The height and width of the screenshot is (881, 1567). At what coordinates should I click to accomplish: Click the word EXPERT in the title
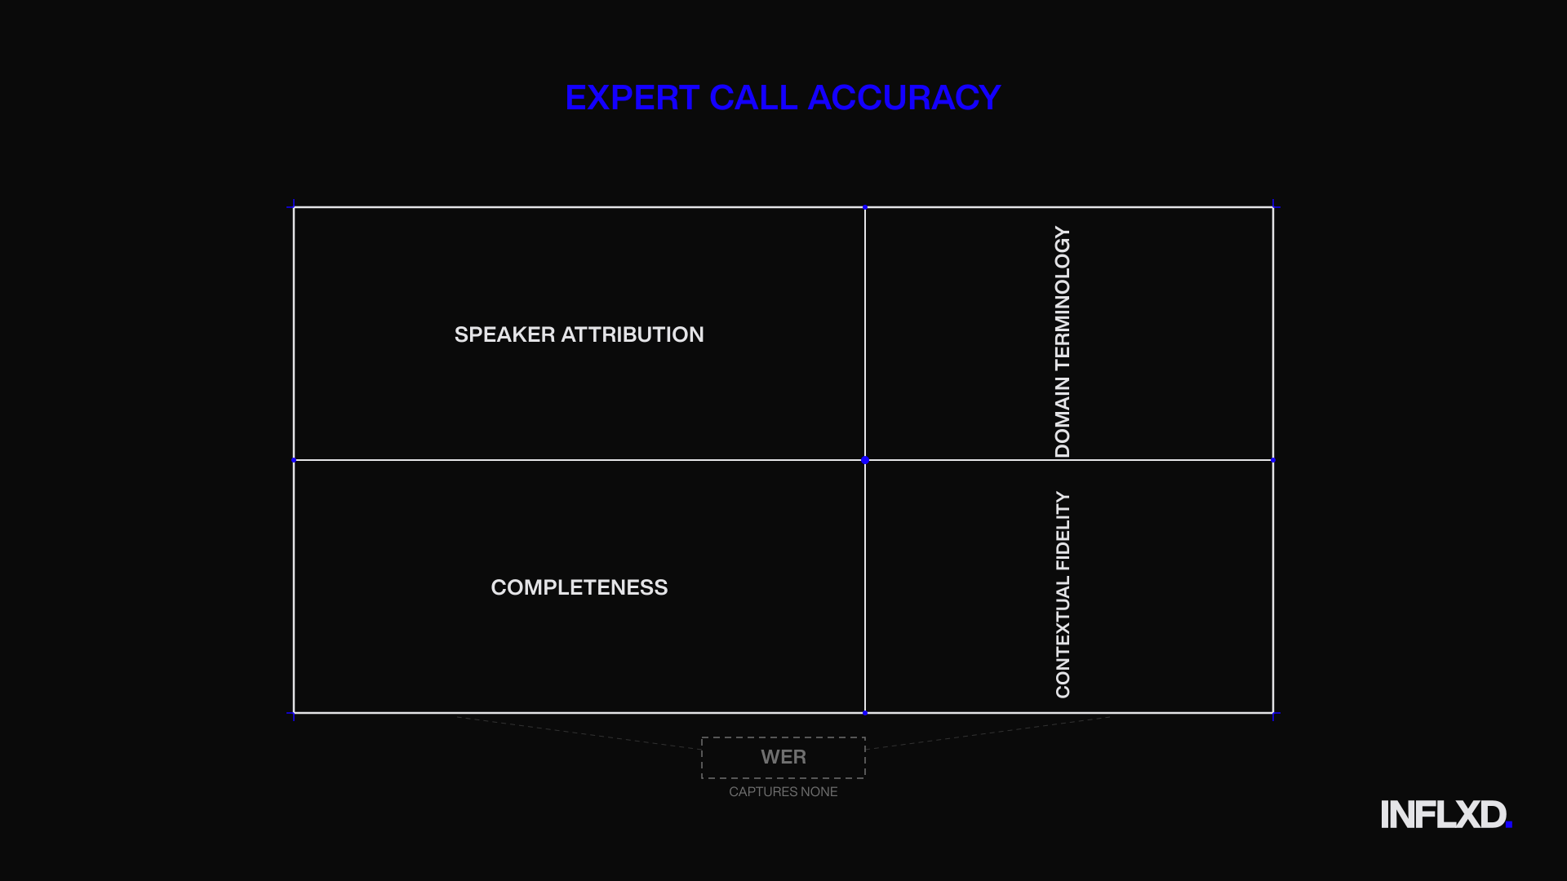point(633,98)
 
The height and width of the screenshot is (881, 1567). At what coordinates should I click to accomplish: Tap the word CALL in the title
point(753,98)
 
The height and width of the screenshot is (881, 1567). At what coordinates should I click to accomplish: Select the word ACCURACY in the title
point(904,98)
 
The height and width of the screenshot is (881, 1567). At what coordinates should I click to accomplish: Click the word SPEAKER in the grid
point(504,334)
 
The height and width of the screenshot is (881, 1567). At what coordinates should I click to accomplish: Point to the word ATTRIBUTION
point(633,334)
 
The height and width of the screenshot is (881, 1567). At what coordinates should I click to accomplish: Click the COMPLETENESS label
point(579,587)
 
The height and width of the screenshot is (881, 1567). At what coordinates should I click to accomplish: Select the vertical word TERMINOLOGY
point(1062,299)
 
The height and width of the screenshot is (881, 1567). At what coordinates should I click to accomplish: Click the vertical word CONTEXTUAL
point(1062,639)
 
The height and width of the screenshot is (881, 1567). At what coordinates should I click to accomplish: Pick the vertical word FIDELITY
point(1062,531)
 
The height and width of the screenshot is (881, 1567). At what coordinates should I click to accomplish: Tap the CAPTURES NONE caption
point(783,792)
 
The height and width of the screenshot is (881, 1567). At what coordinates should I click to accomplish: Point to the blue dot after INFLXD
point(1509,826)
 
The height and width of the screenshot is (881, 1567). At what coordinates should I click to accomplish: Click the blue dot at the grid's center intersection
point(865,460)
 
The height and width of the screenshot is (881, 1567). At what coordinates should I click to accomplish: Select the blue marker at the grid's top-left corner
point(294,207)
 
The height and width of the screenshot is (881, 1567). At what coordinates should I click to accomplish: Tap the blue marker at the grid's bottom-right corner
point(1273,714)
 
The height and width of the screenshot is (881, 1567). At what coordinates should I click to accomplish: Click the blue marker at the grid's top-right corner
point(1273,207)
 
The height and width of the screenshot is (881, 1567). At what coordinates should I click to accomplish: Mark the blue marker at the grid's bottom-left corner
point(294,714)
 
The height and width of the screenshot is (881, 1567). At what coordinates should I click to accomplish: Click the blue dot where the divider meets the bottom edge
point(865,713)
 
